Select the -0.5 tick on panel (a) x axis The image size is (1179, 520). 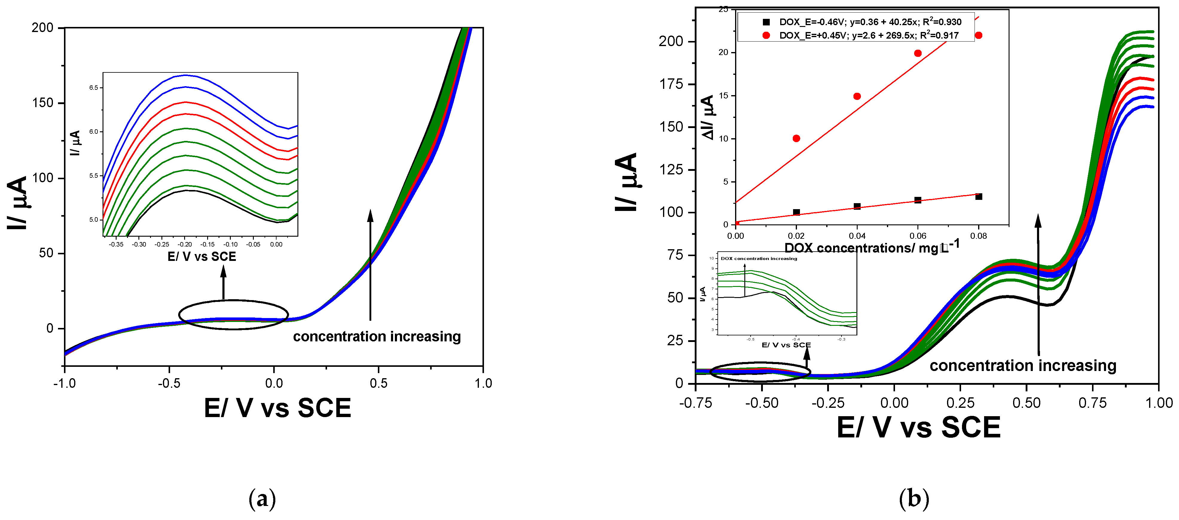tap(169, 383)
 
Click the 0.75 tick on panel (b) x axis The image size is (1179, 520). tap(1093, 403)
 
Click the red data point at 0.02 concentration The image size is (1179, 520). tap(796, 138)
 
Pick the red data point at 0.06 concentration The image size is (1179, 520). tap(918, 53)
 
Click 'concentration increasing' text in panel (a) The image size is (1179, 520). tap(377, 336)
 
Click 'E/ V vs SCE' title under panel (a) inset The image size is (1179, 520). tap(202, 257)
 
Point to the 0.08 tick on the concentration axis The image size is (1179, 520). tap(978, 236)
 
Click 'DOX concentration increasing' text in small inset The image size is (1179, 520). tap(759, 259)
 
